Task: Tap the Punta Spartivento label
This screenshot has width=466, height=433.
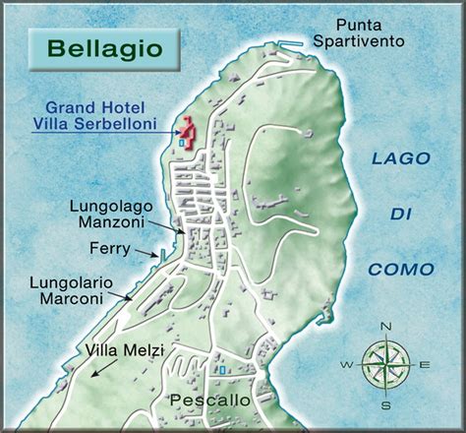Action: pos(379,32)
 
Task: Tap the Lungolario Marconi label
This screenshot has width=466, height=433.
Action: pos(71,288)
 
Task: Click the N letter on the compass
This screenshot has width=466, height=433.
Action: pos(386,327)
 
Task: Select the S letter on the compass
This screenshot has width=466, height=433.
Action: pos(386,403)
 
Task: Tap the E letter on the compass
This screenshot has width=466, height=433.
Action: pos(425,365)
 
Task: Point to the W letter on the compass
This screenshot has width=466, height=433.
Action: pos(347,365)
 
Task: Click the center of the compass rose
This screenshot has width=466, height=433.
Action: pos(385,365)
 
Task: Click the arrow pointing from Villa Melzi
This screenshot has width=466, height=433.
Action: pos(100,367)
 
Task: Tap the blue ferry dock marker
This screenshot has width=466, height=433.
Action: pos(162,255)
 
